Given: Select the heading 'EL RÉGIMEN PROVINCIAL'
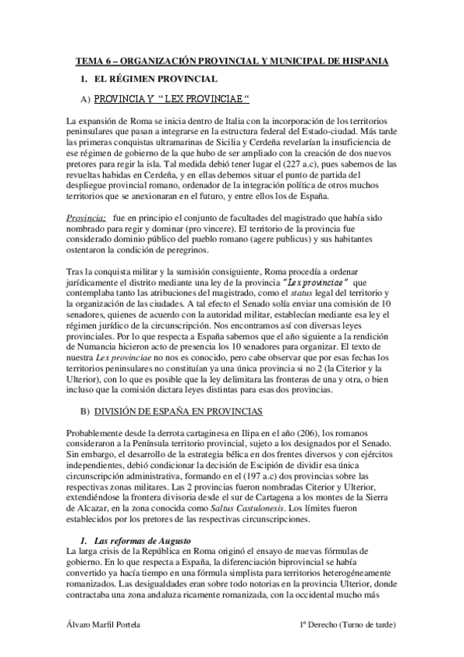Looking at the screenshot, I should pos(156,79).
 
